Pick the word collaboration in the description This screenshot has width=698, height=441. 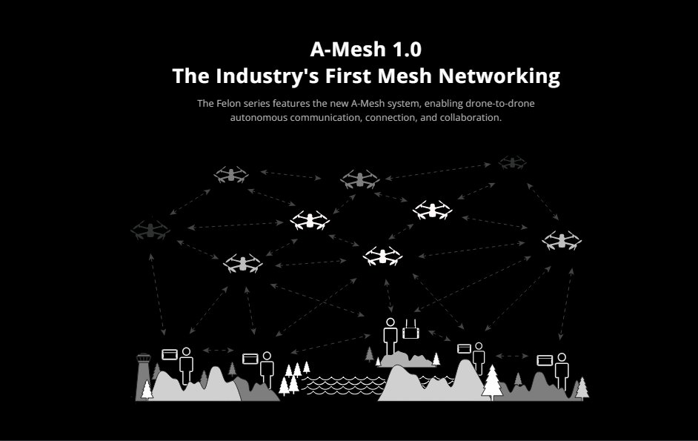(471, 118)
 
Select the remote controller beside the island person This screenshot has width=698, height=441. (411, 331)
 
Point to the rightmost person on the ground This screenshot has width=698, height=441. (562, 369)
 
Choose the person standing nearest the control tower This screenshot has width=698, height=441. (186, 363)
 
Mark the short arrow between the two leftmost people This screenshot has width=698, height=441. (218, 350)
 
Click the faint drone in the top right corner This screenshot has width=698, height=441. (511, 162)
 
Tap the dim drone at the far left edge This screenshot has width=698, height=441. (150, 229)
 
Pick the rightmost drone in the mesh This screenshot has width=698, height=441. (561, 241)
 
